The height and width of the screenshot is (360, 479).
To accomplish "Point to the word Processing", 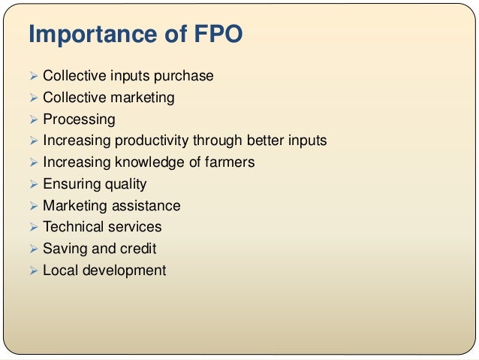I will click(79, 119).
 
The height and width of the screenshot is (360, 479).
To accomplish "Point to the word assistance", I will click(146, 205).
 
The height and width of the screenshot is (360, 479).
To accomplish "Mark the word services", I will click(136, 227).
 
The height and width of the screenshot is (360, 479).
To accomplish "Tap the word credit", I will click(137, 249).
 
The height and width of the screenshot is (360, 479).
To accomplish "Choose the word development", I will click(124, 271).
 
